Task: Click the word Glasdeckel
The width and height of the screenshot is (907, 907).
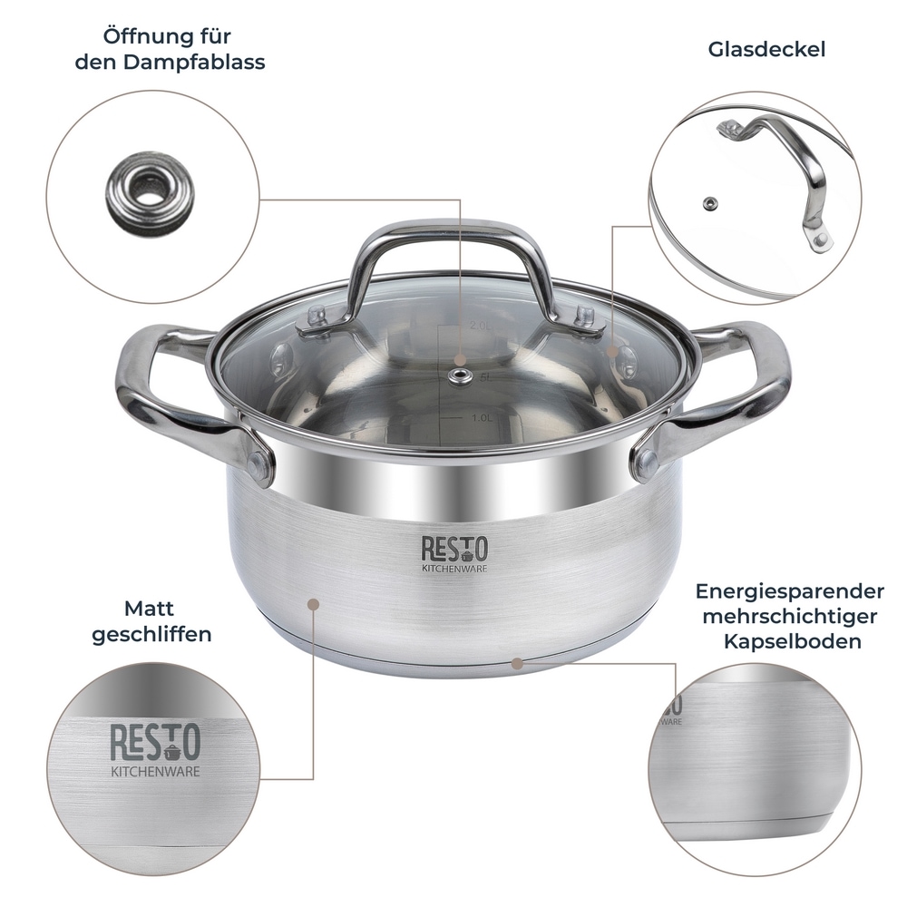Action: click(766, 49)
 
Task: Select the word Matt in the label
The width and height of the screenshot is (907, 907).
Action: click(150, 609)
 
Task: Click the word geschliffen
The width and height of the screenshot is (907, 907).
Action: click(151, 634)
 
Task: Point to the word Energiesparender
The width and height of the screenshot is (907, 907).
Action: click(790, 591)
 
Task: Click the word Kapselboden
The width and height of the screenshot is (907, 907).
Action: click(792, 641)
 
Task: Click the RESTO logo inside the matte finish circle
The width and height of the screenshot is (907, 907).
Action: click(155, 743)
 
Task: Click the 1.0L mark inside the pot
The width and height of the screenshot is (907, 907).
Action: click(483, 418)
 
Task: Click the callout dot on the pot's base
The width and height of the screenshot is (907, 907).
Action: click(517, 661)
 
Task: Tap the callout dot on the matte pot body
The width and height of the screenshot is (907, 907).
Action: click(314, 601)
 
